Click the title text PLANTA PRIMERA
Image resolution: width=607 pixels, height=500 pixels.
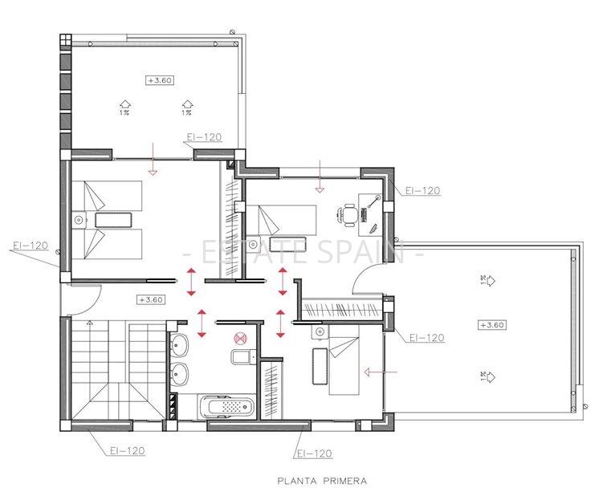(322, 482)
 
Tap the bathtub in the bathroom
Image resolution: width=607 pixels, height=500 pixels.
(230, 407)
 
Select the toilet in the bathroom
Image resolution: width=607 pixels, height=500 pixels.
(240, 356)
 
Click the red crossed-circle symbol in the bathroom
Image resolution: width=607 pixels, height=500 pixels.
(238, 339)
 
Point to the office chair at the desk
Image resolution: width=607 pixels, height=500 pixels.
(348, 214)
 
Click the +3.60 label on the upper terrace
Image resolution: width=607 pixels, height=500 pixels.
(160, 80)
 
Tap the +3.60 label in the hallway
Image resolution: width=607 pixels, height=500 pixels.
(151, 299)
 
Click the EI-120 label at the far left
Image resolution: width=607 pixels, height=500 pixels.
(30, 246)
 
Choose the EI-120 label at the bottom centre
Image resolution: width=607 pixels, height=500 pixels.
(314, 453)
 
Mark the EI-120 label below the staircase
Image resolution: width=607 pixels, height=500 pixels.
(127, 451)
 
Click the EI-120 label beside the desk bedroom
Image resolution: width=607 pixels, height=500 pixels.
(422, 191)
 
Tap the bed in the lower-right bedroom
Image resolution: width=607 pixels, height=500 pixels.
(344, 363)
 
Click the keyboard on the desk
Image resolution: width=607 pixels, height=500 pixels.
(365, 214)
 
